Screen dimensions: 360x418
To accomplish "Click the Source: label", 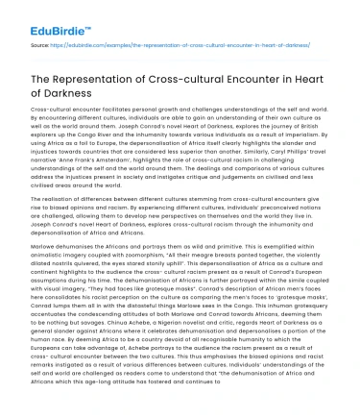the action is tap(39, 42).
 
